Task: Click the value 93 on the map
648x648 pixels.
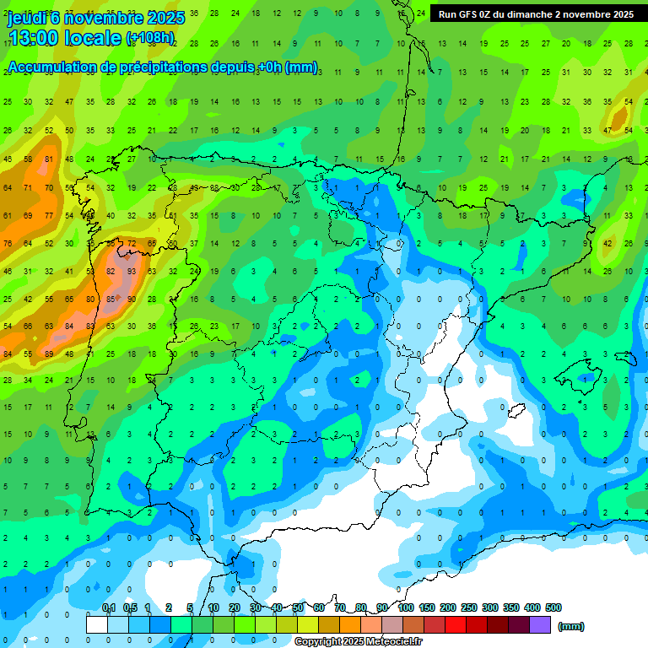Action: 131,272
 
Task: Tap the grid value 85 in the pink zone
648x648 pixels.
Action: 111,299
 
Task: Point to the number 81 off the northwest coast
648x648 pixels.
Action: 49,159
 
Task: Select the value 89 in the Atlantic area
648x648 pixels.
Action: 49,354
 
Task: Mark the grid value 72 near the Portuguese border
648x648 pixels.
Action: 131,244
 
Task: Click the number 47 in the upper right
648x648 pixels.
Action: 607,130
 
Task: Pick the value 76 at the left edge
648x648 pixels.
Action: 8,244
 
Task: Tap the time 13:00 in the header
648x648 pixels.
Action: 38,37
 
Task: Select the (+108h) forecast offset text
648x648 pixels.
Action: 150,38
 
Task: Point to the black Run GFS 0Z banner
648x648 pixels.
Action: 536,14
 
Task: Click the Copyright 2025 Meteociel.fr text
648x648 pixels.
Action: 358,642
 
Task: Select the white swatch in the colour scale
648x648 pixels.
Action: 97,625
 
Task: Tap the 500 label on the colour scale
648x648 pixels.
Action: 553,607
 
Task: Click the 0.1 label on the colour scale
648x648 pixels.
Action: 109,607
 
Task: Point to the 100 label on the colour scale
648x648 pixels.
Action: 405,607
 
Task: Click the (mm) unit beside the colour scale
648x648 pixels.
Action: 571,626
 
